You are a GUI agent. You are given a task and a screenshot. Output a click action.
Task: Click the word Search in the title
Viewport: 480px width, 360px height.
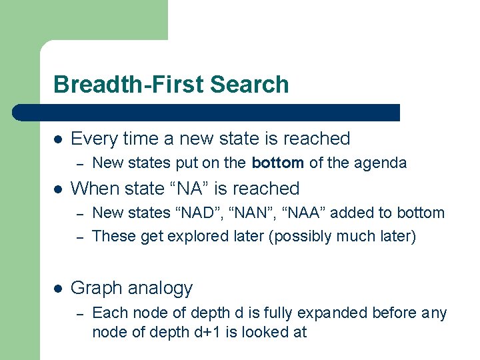click(x=249, y=85)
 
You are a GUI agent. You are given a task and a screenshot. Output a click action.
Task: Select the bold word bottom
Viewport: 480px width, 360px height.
click(x=277, y=163)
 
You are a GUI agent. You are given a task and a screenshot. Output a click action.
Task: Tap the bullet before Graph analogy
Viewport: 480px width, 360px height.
click(x=58, y=289)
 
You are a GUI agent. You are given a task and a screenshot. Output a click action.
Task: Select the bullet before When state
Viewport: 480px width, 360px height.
click(x=58, y=189)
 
